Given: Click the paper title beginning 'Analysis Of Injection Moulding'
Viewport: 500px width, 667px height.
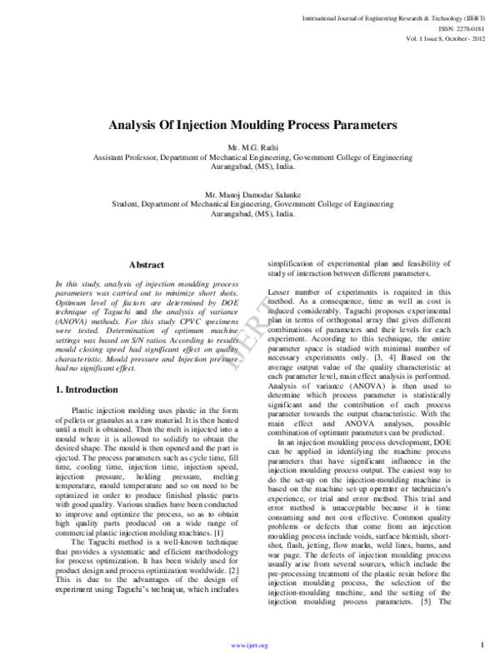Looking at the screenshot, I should coord(250,126).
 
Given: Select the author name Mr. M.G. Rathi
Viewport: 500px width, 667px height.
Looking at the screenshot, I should coord(250,147).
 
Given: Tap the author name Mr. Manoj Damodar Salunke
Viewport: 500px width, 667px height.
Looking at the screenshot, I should coord(250,193).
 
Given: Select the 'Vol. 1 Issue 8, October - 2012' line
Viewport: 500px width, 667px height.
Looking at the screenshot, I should coord(438,37).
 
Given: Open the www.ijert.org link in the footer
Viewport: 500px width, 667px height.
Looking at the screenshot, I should coord(250,645).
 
